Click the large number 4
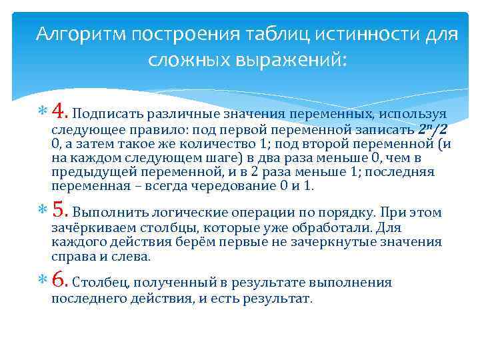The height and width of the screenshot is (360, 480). point(59,110)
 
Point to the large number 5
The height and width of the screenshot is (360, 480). point(59,212)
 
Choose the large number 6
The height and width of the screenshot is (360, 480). point(59,281)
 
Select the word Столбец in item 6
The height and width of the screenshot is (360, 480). point(100,283)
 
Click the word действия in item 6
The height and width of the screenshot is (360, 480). point(159,299)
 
